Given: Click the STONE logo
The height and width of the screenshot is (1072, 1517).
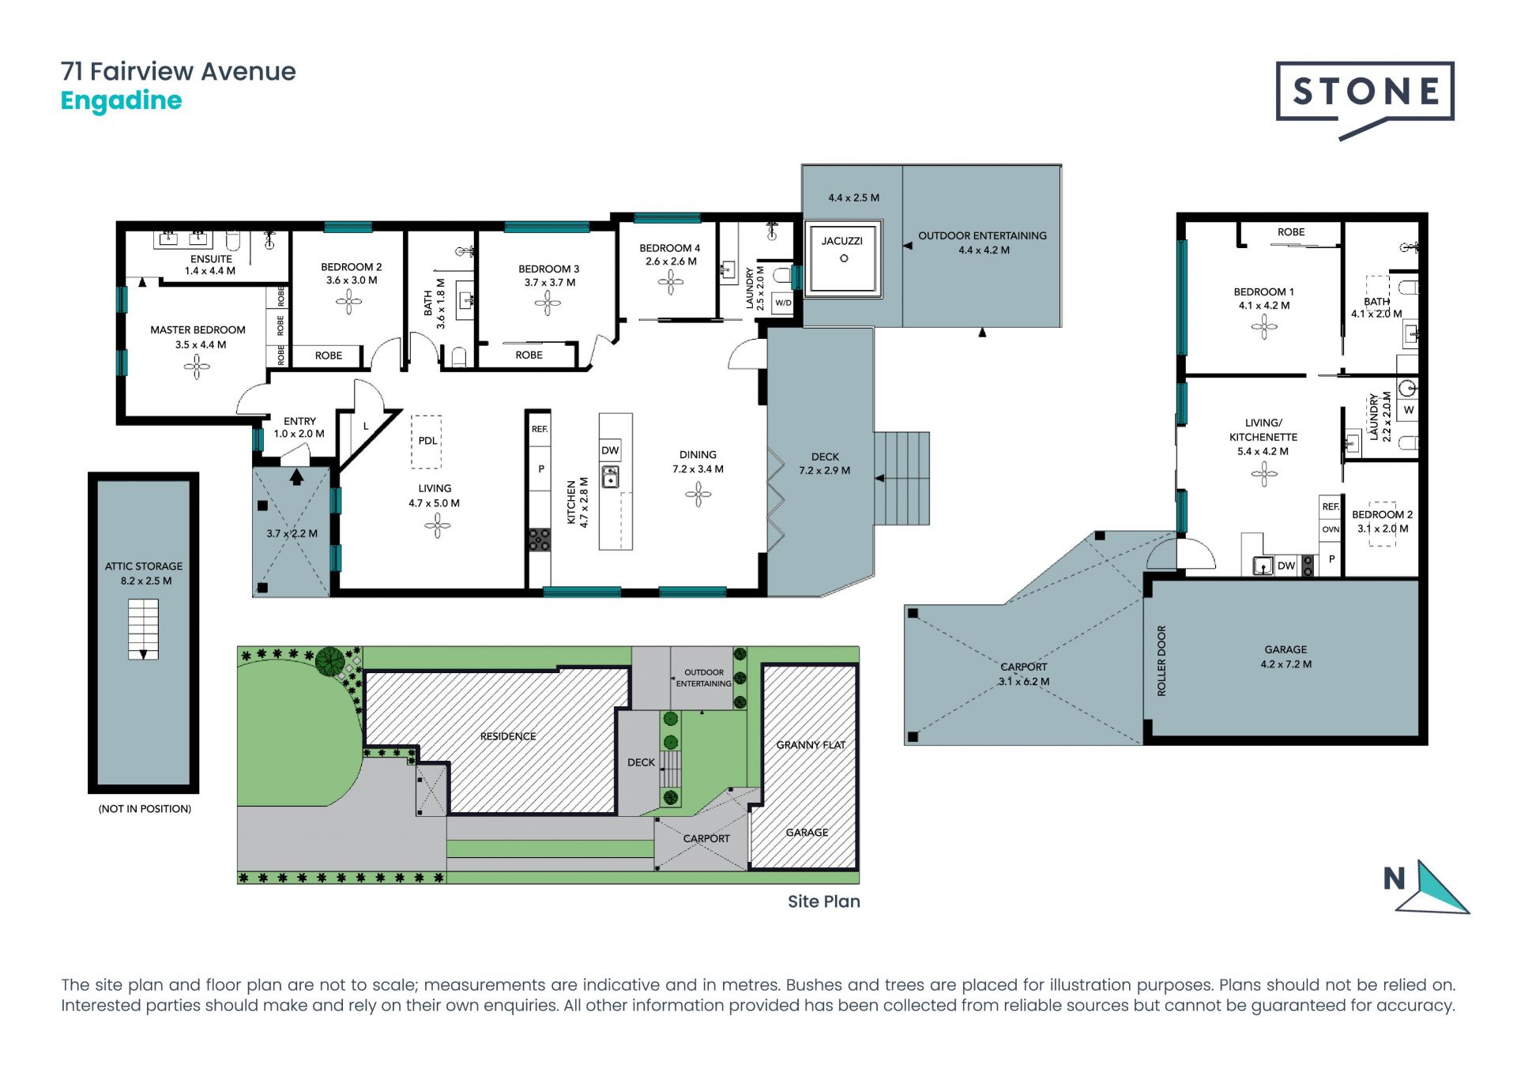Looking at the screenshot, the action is point(1365,100).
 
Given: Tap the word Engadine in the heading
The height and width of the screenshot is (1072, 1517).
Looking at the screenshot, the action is point(121,101).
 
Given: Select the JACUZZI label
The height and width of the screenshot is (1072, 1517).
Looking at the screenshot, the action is point(842,241).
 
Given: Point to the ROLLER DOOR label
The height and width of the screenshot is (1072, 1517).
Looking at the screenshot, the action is point(1161,660).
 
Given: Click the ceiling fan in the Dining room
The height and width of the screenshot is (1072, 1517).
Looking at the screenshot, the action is point(698,495).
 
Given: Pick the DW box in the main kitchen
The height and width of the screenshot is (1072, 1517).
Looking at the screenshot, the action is point(610,450).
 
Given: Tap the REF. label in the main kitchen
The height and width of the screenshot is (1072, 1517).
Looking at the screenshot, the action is point(540,429).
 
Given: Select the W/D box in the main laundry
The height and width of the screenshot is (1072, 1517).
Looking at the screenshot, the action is point(783,303).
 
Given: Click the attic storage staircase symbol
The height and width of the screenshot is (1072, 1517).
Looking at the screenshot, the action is point(143,629).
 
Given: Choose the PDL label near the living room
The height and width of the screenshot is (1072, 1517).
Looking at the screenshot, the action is point(427,441).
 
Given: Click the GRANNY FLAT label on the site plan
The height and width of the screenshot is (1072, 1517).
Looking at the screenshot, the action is point(811,745).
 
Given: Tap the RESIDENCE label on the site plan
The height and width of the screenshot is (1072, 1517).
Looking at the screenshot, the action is point(508,736).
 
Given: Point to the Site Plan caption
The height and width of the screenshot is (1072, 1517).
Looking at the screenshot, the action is point(823,901).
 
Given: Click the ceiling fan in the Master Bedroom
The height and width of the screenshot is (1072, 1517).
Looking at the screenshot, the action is point(197,365).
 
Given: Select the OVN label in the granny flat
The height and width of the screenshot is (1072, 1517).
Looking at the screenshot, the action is point(1331,529).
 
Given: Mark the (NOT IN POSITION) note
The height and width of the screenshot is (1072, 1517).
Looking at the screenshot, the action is point(145,809).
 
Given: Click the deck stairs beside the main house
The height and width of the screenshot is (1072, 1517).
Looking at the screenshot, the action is point(902,478).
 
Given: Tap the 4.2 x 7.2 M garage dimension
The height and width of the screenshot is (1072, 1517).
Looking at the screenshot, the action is point(1285,664).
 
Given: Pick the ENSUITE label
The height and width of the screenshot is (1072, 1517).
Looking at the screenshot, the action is point(211,258).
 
